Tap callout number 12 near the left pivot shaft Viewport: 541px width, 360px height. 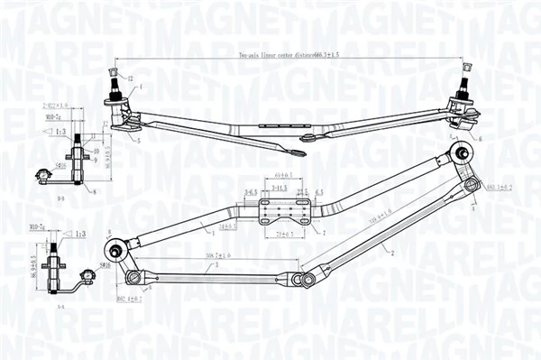pyautogui.click(x=130, y=79)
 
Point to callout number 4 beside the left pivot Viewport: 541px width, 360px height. pyautogui.click(x=142, y=87)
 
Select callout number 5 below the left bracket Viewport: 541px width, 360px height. pyautogui.click(x=140, y=142)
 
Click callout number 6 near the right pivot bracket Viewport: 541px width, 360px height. pyautogui.click(x=480, y=138)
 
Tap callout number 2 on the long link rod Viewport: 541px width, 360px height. pyautogui.click(x=394, y=251)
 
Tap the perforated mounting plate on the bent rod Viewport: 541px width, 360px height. pyautogui.click(x=283, y=210)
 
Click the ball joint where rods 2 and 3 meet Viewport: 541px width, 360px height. pyautogui.click(x=307, y=280)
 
